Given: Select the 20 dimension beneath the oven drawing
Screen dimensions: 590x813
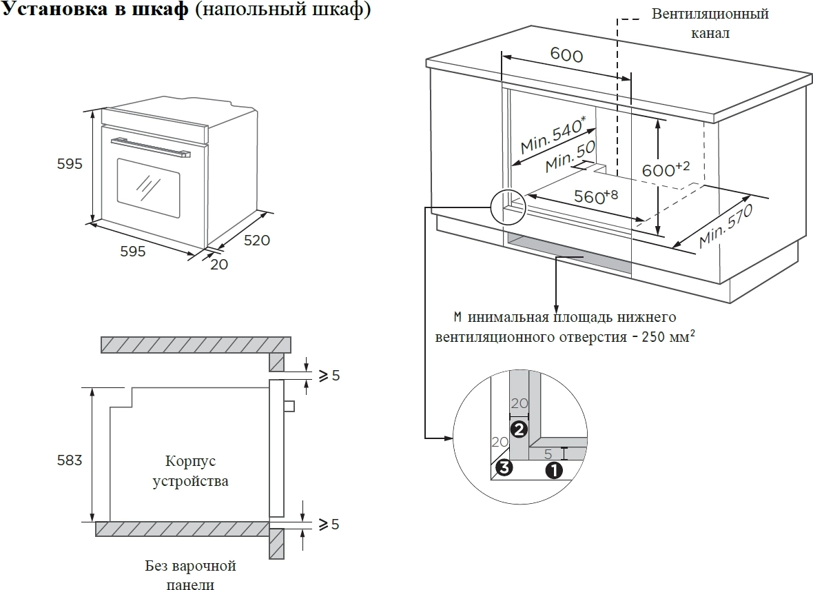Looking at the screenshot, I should pos(218,263).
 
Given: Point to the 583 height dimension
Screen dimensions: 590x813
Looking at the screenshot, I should pos(70,460).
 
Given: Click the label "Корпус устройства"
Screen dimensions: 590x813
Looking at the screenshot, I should pos(189,471).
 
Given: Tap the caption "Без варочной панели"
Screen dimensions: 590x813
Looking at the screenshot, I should pos(190,576).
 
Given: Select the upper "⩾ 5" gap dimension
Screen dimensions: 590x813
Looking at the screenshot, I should pos(328,376).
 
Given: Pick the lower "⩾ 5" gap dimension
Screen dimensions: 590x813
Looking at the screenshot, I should pos(328,525).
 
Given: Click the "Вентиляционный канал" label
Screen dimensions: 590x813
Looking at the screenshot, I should pos(710,23).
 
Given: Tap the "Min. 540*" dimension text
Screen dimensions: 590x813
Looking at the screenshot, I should pos(553,135).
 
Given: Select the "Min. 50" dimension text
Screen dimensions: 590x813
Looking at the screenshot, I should pos(569,158).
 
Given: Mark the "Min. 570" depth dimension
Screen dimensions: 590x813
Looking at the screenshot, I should pos(724,226).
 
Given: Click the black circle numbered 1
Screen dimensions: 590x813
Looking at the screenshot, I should pos(553,470).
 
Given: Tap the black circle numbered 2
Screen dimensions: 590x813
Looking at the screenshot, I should pos(519,429).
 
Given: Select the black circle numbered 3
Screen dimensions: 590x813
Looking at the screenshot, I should pos(504,468).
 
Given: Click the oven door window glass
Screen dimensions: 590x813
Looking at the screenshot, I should pos(148,183).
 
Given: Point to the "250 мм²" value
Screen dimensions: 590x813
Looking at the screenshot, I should pos(666,337).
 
